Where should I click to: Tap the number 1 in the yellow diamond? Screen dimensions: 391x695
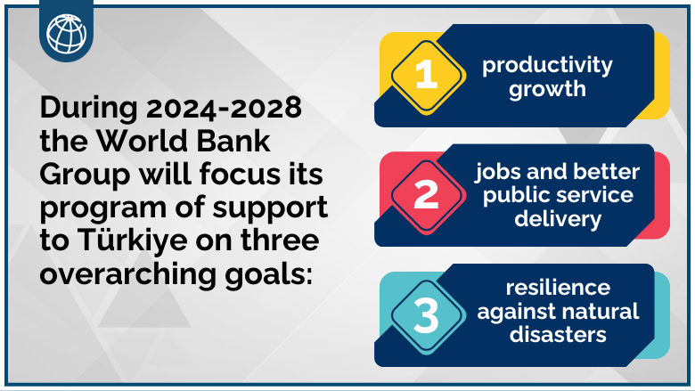click(427, 75)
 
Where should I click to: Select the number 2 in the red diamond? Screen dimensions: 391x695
click(427, 195)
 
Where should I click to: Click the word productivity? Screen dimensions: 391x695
click(547, 65)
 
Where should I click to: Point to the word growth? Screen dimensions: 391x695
click(547, 89)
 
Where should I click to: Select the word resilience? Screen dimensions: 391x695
click(558, 288)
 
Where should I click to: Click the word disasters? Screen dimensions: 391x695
click(558, 335)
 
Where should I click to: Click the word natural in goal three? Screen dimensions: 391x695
click(599, 312)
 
